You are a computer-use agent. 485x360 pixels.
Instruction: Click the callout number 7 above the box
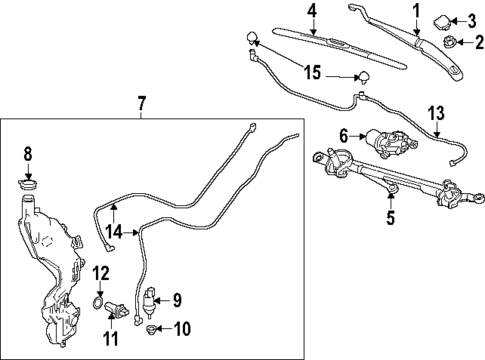pyautogui.click(x=141, y=104)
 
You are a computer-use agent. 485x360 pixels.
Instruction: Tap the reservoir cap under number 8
pyautogui.click(x=27, y=184)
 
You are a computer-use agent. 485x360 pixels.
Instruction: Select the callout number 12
pyautogui.click(x=101, y=273)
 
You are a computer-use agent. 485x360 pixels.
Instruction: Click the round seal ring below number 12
pyautogui.click(x=97, y=303)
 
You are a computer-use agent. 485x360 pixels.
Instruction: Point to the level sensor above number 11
pyautogui.click(x=117, y=309)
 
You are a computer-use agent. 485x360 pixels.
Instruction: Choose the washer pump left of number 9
pyautogui.click(x=149, y=300)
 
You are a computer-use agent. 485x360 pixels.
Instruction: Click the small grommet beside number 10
pyautogui.click(x=151, y=329)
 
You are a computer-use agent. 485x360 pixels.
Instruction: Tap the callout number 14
pyautogui.click(x=114, y=231)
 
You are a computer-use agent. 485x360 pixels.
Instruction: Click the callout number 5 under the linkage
pyautogui.click(x=390, y=217)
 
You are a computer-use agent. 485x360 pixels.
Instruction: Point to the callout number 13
pyautogui.click(x=436, y=113)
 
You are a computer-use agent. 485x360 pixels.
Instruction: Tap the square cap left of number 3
pyautogui.click(x=442, y=22)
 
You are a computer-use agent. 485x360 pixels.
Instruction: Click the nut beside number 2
pyautogui.click(x=449, y=42)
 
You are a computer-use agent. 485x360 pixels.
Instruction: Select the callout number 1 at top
pyautogui.click(x=416, y=11)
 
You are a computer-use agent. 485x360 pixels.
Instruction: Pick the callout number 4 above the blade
pyautogui.click(x=312, y=11)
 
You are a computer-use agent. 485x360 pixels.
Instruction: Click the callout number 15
pyautogui.click(x=313, y=72)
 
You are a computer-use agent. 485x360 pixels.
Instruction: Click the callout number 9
pyautogui.click(x=177, y=300)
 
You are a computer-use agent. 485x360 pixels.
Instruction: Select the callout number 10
pyautogui.click(x=182, y=329)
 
